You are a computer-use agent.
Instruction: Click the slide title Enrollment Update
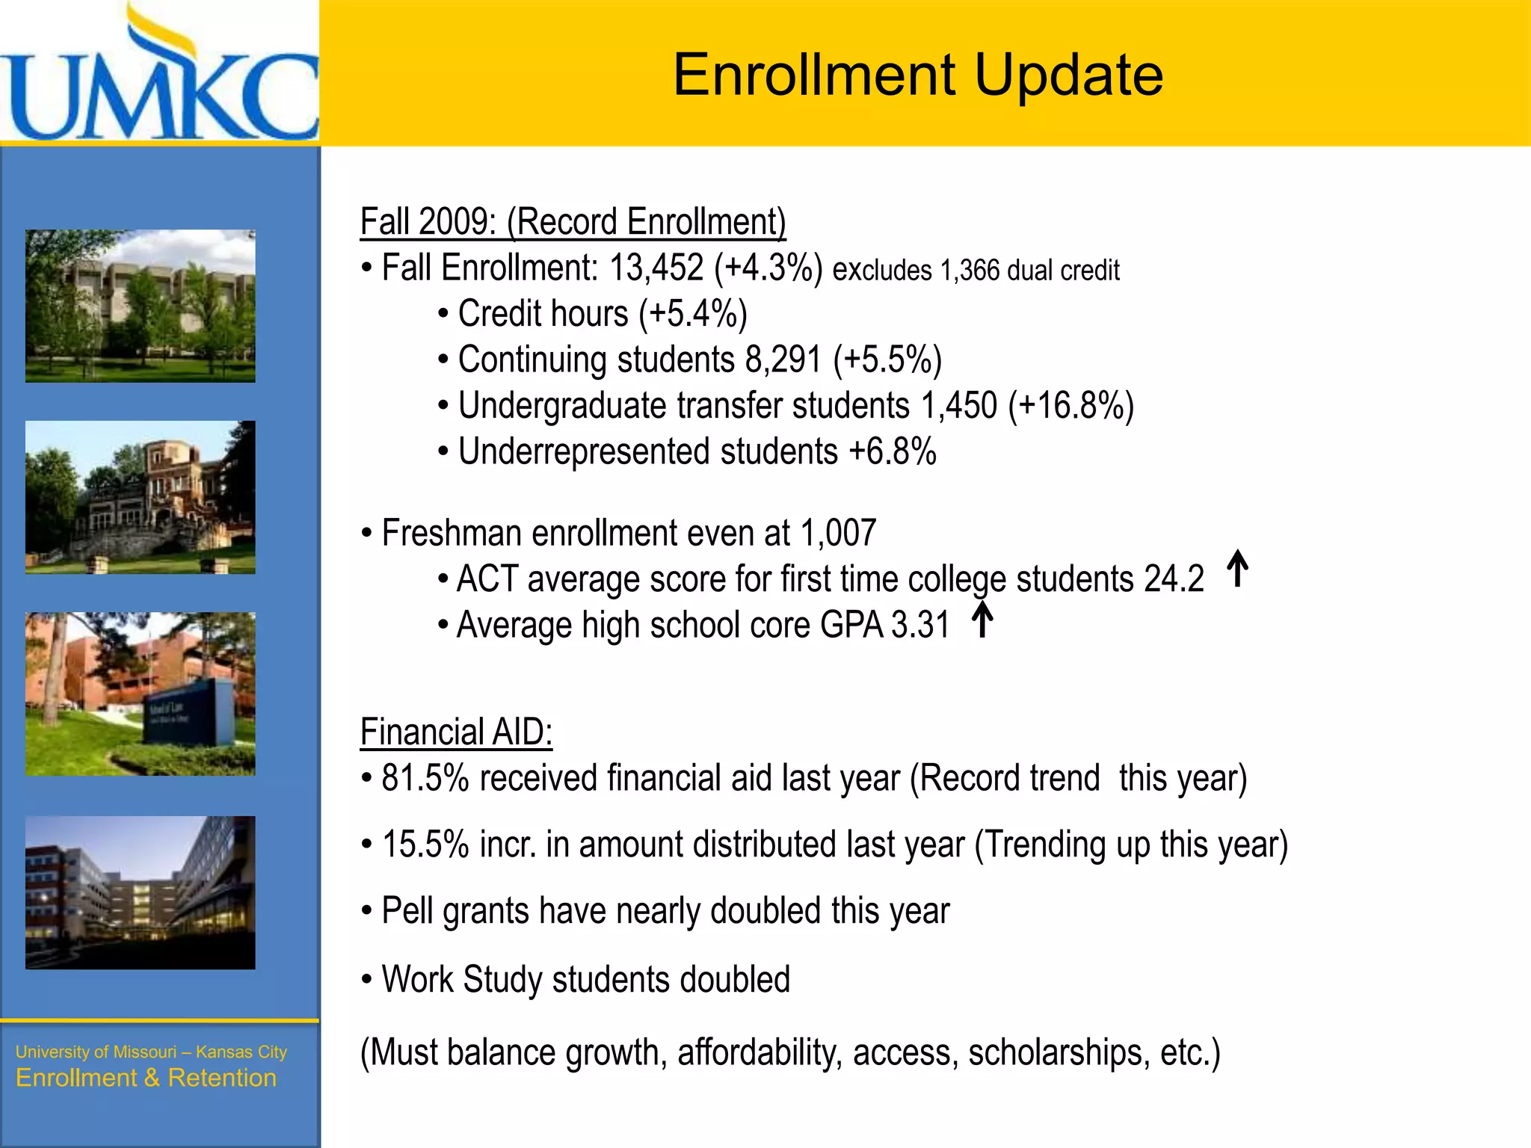click(x=917, y=75)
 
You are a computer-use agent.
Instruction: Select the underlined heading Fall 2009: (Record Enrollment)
click(x=573, y=222)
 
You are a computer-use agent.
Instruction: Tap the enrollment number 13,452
click(x=656, y=268)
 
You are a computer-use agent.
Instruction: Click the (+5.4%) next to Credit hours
click(x=692, y=314)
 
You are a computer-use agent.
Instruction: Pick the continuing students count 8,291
click(x=783, y=359)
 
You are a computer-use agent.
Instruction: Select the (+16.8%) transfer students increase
click(x=1071, y=406)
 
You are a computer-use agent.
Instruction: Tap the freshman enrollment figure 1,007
click(x=837, y=534)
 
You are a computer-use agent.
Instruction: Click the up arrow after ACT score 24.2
click(x=1237, y=569)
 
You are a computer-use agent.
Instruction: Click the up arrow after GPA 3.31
click(x=982, y=620)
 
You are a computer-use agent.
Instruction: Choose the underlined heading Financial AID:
click(x=456, y=732)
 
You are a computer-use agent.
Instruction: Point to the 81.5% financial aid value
click(x=425, y=778)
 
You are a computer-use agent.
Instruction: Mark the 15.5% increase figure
click(x=425, y=845)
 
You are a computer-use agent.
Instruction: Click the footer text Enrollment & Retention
click(x=146, y=1078)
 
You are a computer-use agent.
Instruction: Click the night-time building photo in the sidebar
click(x=141, y=892)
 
